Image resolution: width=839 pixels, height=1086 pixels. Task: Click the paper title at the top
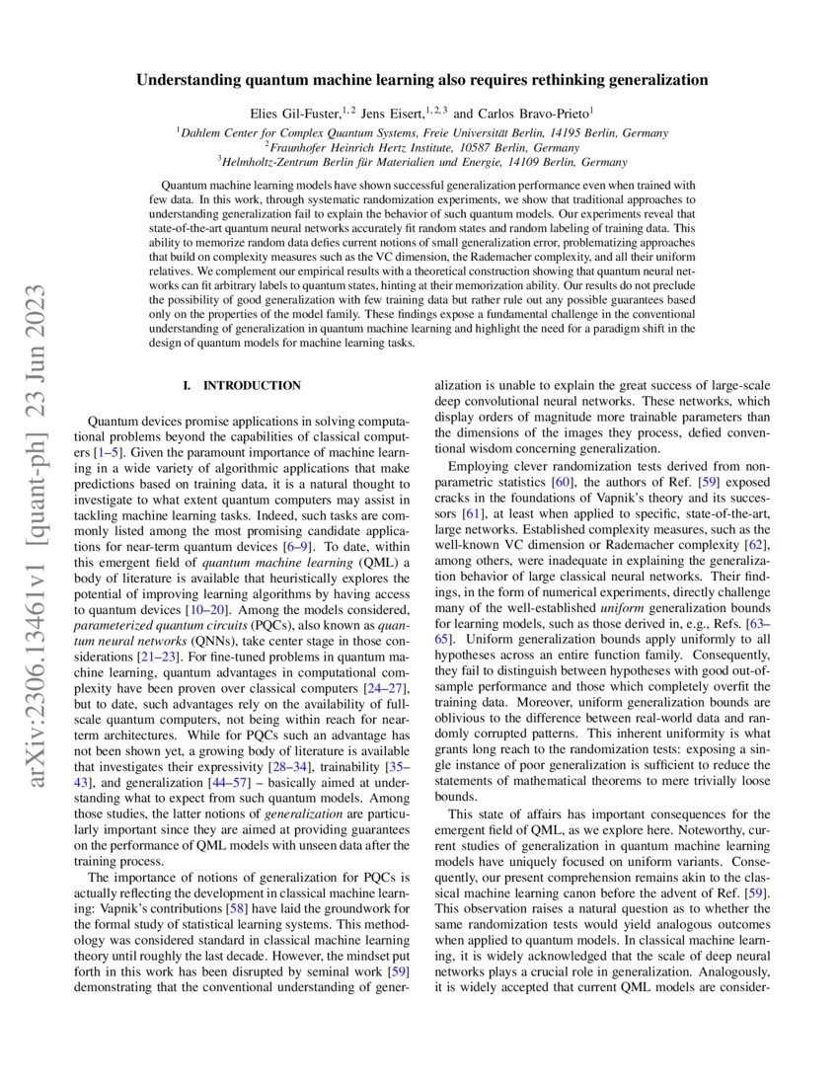pyautogui.click(x=419, y=78)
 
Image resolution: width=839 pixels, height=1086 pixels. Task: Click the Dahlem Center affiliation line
pyautogui.click(x=421, y=131)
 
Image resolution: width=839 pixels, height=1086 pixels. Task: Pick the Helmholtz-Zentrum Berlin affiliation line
pyautogui.click(x=421, y=159)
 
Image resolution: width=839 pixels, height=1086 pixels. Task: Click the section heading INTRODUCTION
pyautogui.click(x=251, y=385)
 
